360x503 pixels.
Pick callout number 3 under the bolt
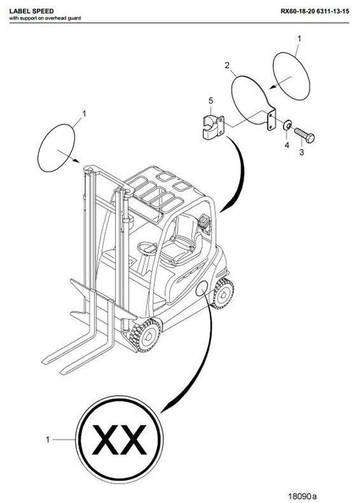click(x=302, y=153)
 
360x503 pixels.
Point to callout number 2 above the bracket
click(x=227, y=66)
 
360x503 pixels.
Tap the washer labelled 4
click(x=287, y=128)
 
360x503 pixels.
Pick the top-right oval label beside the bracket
click(x=294, y=73)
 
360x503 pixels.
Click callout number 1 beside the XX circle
click(x=48, y=439)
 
